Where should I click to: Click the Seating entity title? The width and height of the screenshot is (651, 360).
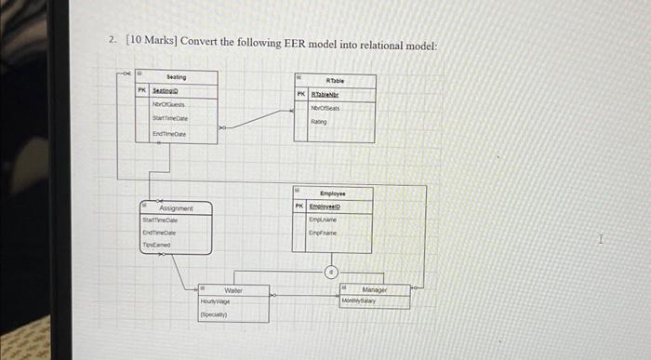point(177,77)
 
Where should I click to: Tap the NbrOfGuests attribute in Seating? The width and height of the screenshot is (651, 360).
point(169,106)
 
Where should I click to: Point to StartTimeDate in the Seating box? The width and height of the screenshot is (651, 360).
point(170,120)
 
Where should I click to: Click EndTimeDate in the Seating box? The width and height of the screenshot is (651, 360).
point(169,135)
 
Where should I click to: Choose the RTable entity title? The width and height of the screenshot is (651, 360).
point(337,80)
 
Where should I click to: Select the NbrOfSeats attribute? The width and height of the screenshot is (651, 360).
point(325,108)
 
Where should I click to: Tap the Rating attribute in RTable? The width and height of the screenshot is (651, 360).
point(319,120)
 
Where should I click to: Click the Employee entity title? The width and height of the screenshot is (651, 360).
point(332,192)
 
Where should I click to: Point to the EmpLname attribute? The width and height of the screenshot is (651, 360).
point(323,220)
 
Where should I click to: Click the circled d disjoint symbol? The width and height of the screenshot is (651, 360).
point(330,273)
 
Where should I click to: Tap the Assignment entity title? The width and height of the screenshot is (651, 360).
point(177,209)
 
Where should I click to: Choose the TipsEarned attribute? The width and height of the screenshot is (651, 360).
point(156,245)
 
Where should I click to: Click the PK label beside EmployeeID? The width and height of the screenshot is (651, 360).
point(299,206)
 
